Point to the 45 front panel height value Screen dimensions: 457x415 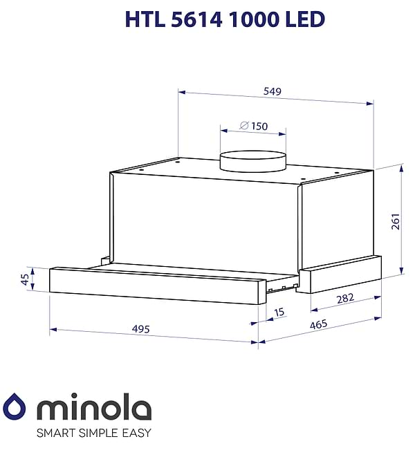26,279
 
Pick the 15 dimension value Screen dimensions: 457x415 279,313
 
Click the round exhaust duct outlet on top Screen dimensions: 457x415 252,160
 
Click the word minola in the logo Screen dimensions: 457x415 93,407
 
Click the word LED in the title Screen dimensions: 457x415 305,19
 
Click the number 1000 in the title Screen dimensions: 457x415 251,19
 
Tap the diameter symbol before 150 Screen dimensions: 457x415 243,126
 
